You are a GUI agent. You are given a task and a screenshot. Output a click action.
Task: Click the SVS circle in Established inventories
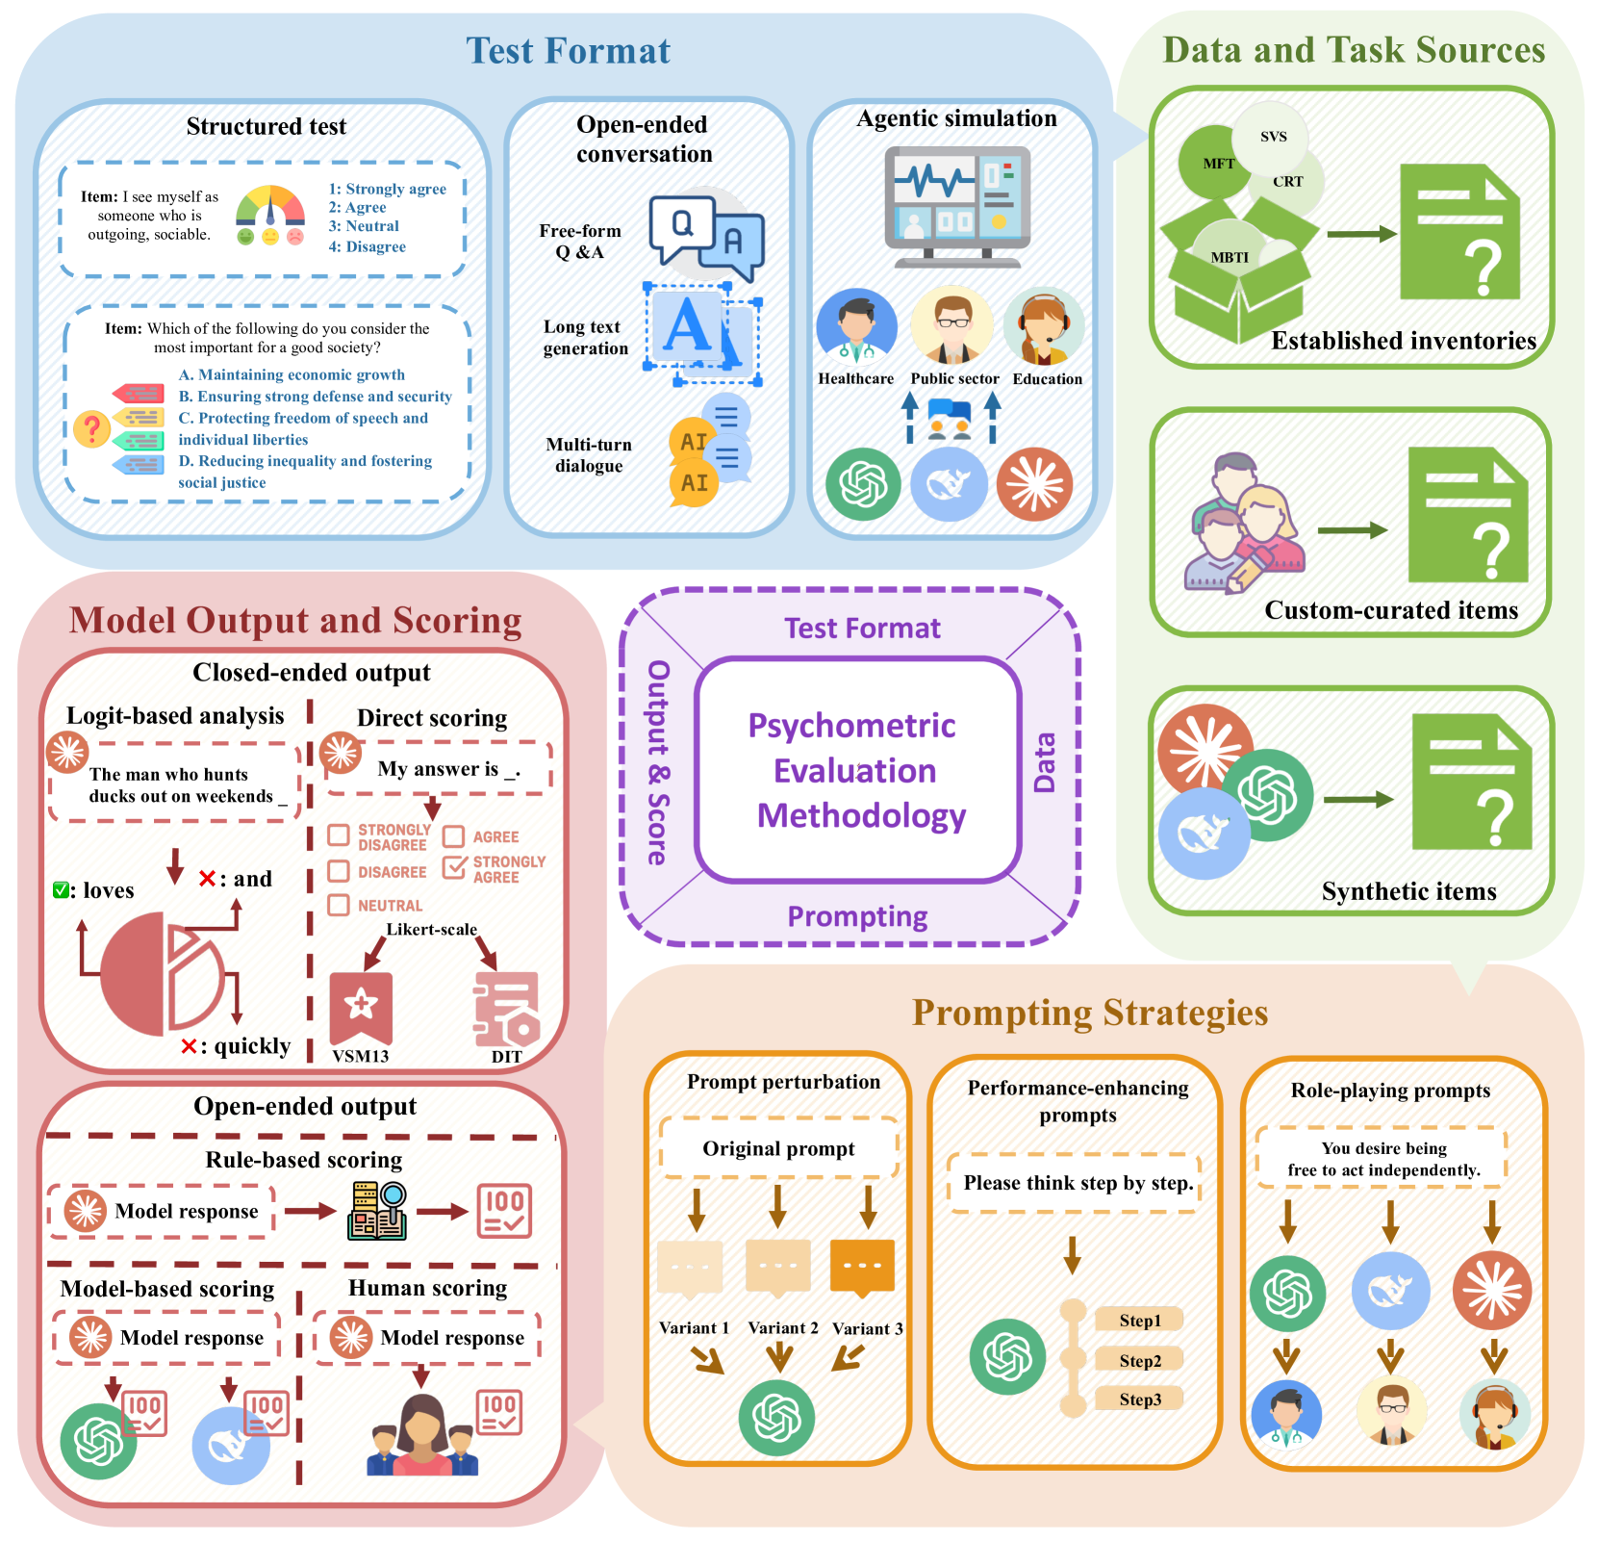pyautogui.click(x=1272, y=136)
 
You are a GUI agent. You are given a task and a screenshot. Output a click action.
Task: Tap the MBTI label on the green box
pyautogui.click(x=1230, y=257)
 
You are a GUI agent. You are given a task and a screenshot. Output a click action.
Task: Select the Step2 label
pyautogui.click(x=1140, y=1360)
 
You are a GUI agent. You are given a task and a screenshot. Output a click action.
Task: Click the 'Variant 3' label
pyautogui.click(x=867, y=1328)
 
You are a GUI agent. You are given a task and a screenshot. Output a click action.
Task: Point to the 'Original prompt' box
pyautogui.click(x=778, y=1148)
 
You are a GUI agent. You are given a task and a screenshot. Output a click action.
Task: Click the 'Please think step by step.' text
pyautogui.click(x=1078, y=1182)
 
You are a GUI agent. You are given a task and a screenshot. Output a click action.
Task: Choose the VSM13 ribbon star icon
pyautogui.click(x=361, y=1006)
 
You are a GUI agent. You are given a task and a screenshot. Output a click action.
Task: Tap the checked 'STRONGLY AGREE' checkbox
pyautogui.click(x=454, y=866)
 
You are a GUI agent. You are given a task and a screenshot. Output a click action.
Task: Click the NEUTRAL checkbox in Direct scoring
pyautogui.click(x=339, y=905)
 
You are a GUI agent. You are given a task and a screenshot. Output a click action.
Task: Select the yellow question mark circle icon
pyautogui.click(x=92, y=428)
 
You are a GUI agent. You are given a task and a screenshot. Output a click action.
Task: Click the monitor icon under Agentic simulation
pyautogui.click(x=957, y=204)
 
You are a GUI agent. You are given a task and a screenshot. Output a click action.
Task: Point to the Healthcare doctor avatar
pyautogui.click(x=855, y=327)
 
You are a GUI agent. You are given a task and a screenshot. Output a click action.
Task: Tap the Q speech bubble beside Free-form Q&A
pyautogui.click(x=682, y=227)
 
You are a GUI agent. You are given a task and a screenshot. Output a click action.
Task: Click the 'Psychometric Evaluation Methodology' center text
pyautogui.click(x=856, y=770)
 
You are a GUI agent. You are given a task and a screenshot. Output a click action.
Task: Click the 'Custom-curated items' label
pyautogui.click(x=1390, y=610)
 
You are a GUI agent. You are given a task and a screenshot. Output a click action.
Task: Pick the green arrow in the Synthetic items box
pyautogui.click(x=1357, y=799)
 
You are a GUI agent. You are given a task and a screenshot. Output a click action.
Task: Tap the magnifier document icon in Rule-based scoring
pyautogui.click(x=377, y=1211)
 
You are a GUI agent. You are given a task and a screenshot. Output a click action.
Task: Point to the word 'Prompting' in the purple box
pyautogui.click(x=857, y=916)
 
